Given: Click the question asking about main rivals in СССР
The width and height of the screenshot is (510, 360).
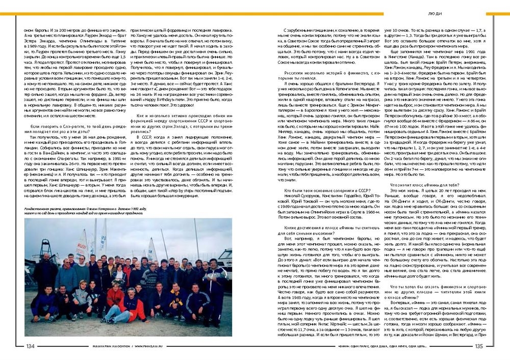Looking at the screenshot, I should [320, 190].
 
